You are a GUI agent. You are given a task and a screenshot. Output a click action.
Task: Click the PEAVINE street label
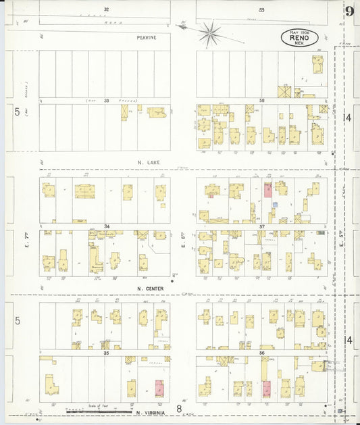click(x=145, y=38)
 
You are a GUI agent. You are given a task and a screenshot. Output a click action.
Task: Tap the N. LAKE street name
click(x=147, y=163)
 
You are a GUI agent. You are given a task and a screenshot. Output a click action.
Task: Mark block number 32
click(x=105, y=9)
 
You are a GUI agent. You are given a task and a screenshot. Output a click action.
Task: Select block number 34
click(x=106, y=226)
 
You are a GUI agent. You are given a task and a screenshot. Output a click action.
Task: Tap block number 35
click(x=106, y=353)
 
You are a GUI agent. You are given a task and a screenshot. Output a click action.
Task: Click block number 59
click(x=261, y=9)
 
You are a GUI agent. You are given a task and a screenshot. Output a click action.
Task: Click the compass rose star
click(x=210, y=32)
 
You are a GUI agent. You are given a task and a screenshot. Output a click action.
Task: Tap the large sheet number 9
click(x=349, y=11)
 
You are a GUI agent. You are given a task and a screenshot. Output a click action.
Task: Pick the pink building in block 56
click(x=266, y=389)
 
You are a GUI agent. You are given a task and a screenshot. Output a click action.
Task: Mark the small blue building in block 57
click(x=275, y=204)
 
